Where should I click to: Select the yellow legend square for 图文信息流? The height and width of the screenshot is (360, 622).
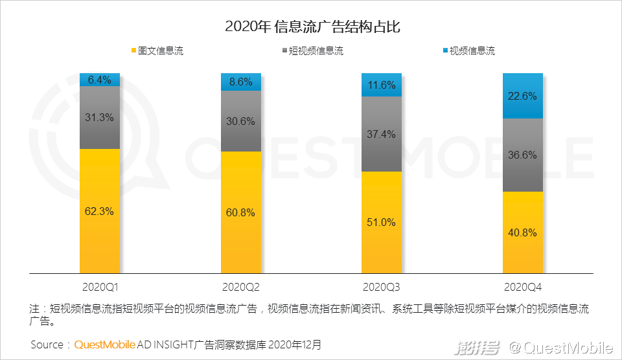(x=134, y=51)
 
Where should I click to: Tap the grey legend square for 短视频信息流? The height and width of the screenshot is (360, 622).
(x=284, y=51)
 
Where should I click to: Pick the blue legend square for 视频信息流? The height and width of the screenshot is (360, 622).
(x=445, y=51)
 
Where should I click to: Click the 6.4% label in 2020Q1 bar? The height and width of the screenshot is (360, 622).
(x=100, y=80)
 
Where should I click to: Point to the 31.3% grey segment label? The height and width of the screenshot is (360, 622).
(x=100, y=117)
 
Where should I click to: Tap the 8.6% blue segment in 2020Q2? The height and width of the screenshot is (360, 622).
(x=242, y=82)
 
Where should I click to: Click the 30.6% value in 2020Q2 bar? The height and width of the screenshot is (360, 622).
(x=242, y=121)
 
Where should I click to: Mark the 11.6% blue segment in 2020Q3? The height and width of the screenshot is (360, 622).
(x=382, y=85)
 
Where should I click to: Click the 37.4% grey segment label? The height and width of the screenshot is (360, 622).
(x=382, y=134)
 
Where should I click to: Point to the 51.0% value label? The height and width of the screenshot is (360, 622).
(x=382, y=222)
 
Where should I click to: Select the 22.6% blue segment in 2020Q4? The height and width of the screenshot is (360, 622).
(x=523, y=96)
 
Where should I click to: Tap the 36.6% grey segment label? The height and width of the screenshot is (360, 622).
(x=523, y=155)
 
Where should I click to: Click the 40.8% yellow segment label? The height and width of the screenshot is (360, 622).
(x=523, y=232)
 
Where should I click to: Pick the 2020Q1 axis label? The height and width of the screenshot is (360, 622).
(x=100, y=286)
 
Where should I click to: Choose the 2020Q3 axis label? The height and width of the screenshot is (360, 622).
(x=382, y=286)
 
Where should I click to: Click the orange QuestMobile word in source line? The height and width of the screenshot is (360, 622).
(x=104, y=345)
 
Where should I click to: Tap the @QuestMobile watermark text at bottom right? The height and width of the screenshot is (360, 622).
(x=560, y=348)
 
